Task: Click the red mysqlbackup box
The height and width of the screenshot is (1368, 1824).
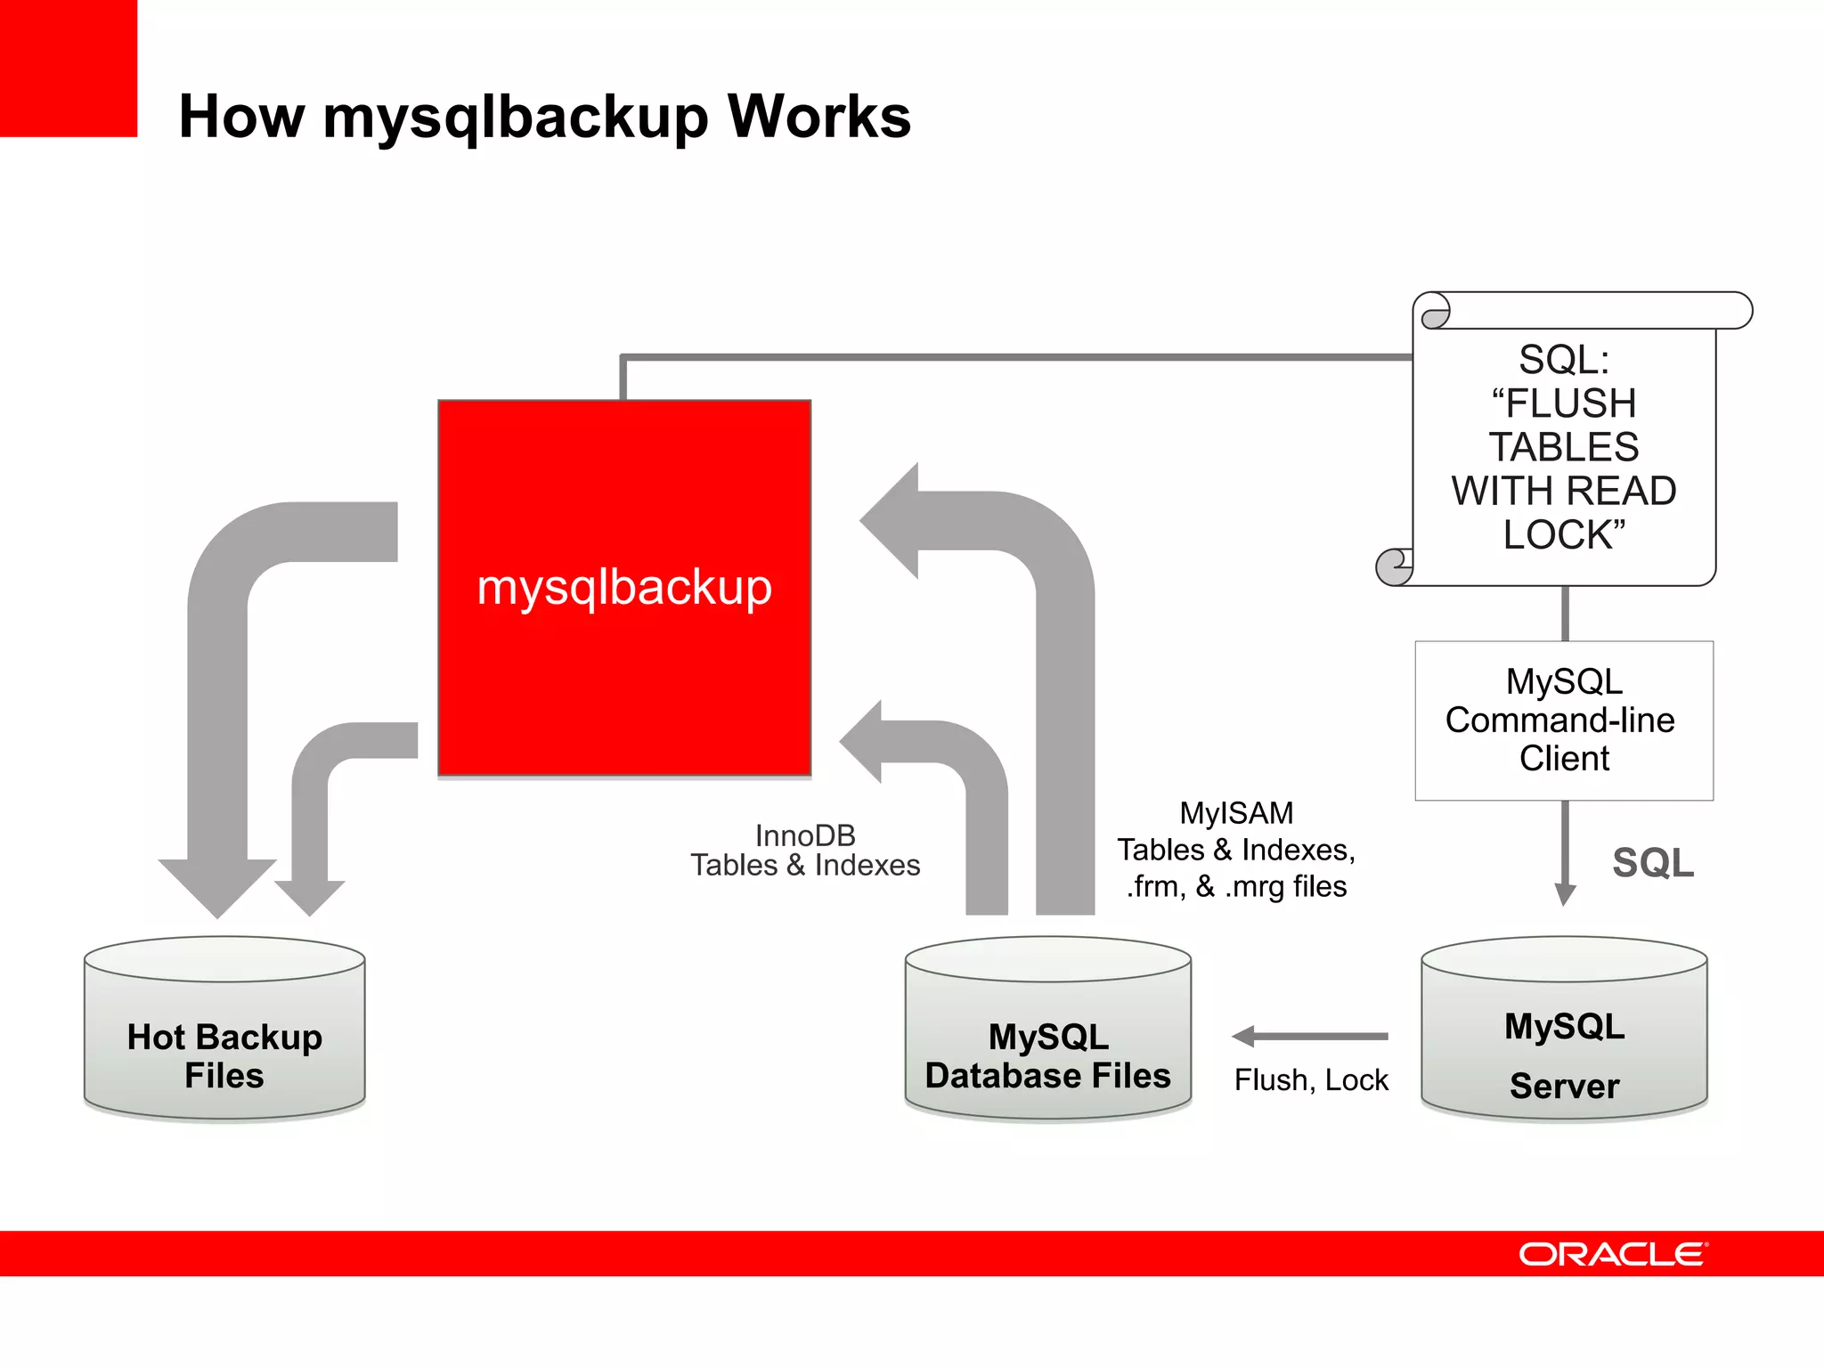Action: (x=624, y=588)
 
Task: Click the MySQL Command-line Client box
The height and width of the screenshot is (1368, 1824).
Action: (x=1564, y=721)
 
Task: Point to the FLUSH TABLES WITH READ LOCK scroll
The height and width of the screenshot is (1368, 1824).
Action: (x=1564, y=445)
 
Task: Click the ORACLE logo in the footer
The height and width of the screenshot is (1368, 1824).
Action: (x=1613, y=1254)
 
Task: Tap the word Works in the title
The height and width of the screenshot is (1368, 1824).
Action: (x=819, y=117)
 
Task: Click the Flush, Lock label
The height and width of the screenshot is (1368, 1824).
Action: (x=1311, y=1080)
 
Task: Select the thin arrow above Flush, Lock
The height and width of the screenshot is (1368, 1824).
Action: (x=1310, y=1036)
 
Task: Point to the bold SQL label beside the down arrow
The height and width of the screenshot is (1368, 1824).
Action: (x=1653, y=862)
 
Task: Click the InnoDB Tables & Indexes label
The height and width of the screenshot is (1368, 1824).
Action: (x=805, y=851)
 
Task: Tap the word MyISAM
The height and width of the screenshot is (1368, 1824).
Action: (x=1236, y=813)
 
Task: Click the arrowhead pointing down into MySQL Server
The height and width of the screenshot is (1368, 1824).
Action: (x=1565, y=894)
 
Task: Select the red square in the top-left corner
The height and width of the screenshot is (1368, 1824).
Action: (x=69, y=69)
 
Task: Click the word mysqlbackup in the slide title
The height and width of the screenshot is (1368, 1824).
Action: (x=516, y=118)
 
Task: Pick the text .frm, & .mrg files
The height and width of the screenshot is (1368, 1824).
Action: (x=1236, y=887)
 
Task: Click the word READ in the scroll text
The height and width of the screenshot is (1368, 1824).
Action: (x=1621, y=491)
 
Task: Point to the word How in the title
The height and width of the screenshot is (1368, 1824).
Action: (x=241, y=117)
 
